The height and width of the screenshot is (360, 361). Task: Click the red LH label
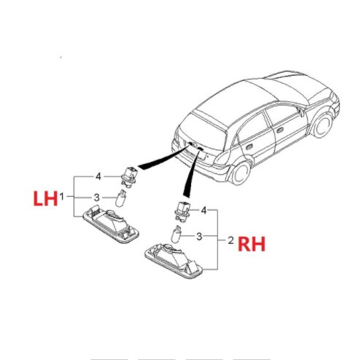pos(45,198)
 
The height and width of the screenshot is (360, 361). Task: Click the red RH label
pos(252,244)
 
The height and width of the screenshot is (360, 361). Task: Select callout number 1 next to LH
pos(62,196)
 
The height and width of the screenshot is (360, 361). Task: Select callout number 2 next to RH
pos(230,240)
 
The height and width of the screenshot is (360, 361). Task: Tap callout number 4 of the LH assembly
pos(98,176)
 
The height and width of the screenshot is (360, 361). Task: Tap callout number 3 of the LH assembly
pos(97,197)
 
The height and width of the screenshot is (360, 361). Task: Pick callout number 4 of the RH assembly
pos(203,211)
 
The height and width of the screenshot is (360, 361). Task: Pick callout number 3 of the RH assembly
pos(199,236)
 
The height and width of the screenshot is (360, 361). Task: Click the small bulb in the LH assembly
pos(121,198)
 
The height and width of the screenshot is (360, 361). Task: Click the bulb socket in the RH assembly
pos(183,211)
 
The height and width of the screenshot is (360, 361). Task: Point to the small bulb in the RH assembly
pos(176,234)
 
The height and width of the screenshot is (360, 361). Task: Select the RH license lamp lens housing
pos(174,260)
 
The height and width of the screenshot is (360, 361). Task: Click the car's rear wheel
pos(240,173)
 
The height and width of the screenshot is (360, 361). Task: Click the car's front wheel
pos(322,125)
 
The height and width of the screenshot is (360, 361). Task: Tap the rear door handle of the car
pos(249,147)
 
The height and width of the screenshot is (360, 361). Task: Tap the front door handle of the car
pos(279,130)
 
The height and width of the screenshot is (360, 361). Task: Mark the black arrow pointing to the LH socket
pos(163,158)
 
